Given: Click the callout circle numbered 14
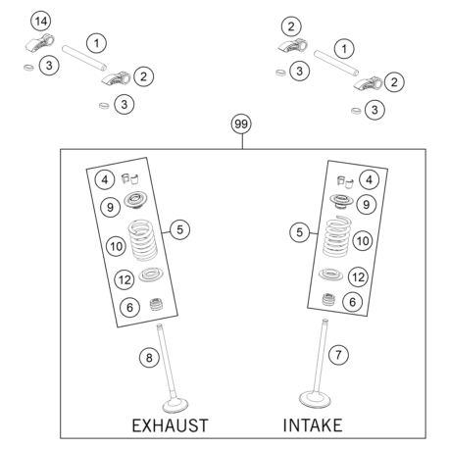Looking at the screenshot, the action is (41, 22).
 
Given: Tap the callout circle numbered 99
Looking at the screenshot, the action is (241, 124).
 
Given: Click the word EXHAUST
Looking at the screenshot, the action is (170, 425).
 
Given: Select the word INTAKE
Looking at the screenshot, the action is (313, 425).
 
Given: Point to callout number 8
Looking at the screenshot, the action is (149, 358).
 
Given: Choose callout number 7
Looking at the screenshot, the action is (338, 355).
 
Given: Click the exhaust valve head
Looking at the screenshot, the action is (175, 405).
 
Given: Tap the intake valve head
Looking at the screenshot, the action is (315, 400).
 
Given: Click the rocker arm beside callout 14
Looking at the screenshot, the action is (40, 42).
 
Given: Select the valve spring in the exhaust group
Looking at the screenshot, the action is (142, 240).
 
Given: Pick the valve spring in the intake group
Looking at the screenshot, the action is (336, 236).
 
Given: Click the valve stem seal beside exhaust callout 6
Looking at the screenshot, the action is (157, 305).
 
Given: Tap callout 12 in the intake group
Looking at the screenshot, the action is (358, 277).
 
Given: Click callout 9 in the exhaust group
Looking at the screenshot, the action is (110, 207).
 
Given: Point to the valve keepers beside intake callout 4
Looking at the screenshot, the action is (345, 182).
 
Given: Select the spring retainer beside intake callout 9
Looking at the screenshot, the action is (341, 201).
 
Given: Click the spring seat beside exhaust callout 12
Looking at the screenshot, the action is (151, 274).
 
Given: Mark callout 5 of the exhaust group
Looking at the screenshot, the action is (180, 229).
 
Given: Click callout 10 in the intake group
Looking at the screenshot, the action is (363, 241).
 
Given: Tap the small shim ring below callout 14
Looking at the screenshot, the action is (28, 68).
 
